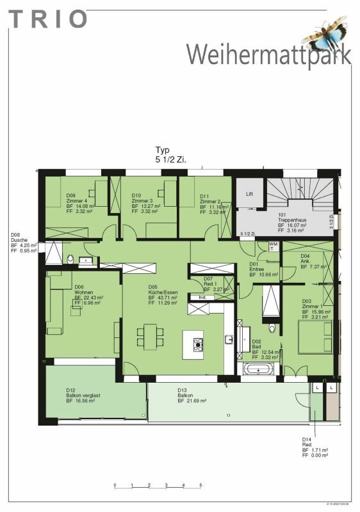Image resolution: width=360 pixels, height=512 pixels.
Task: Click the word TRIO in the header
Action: point(47,19)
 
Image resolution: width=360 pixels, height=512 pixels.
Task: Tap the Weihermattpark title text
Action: point(269,54)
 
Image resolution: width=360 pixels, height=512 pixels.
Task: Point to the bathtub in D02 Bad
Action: point(259,369)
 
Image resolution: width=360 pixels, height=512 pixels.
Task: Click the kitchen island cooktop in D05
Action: point(197,346)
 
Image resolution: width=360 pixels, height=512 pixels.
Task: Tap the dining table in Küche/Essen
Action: point(149,337)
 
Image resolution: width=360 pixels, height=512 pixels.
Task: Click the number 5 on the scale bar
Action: point(200,485)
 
